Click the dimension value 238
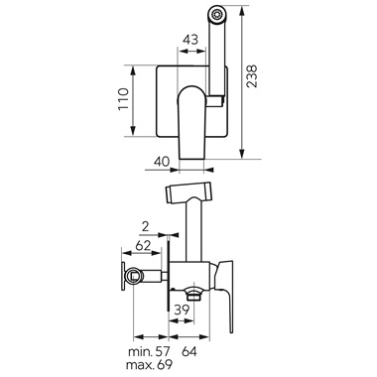252,76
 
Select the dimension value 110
123,99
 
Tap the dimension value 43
190,40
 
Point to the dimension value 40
162,162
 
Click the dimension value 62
143,245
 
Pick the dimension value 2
145,227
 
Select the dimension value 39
182,310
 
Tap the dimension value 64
189,351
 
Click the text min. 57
149,351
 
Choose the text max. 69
149,365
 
